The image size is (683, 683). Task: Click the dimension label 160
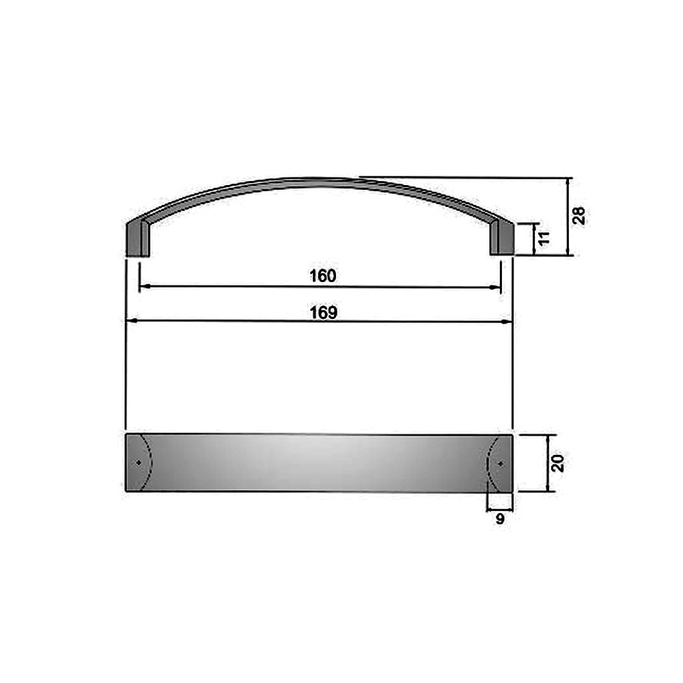(323, 276)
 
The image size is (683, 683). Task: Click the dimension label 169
(324, 312)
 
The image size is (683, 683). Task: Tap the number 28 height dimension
(579, 216)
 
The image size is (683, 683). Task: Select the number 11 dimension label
(544, 238)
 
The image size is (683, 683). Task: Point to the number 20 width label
(557, 462)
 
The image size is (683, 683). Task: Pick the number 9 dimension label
(500, 519)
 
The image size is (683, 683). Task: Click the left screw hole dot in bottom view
(139, 462)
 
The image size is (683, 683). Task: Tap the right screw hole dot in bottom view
(501, 464)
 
